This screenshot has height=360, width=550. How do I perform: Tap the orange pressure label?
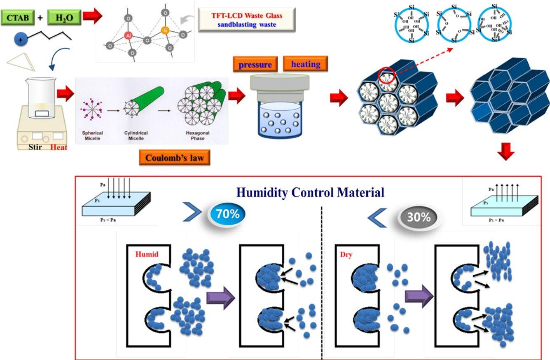click(255, 65)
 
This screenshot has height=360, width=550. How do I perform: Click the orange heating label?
click(305, 64)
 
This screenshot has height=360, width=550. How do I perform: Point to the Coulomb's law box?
click(175, 157)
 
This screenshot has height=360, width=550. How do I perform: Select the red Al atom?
click(128, 36)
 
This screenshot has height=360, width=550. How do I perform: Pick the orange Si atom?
click(165, 30)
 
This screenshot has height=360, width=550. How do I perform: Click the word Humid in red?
click(147, 254)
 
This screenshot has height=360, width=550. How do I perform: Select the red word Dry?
click(346, 255)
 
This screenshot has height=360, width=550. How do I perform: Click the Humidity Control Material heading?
click(311, 192)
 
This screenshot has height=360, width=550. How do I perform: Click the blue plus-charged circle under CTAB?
click(21, 40)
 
